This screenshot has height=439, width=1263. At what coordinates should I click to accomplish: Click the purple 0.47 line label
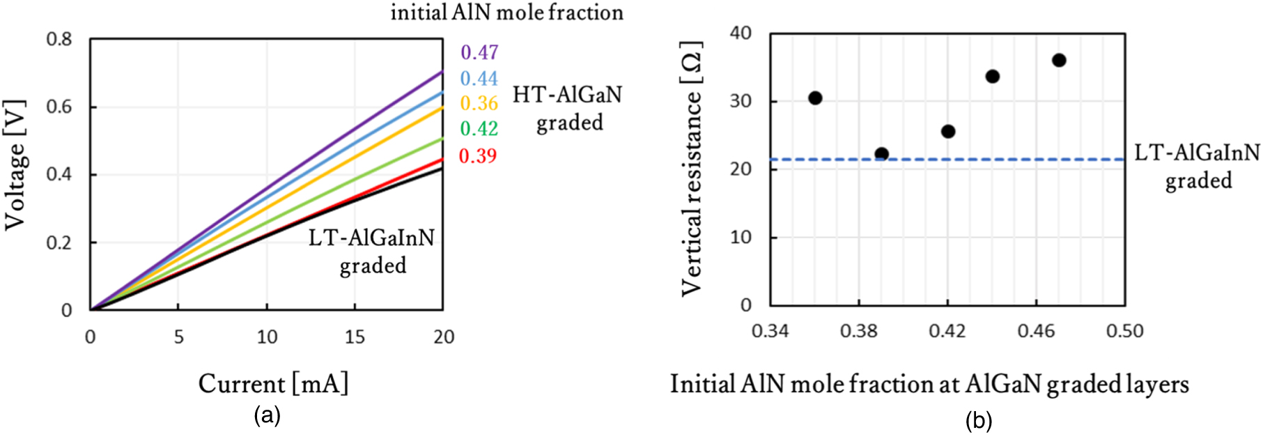pyautogui.click(x=479, y=52)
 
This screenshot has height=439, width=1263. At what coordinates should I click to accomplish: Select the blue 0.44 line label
pyautogui.click(x=479, y=78)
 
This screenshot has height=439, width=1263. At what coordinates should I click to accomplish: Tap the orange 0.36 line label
pyautogui.click(x=479, y=103)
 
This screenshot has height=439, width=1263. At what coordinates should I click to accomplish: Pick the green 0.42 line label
pyautogui.click(x=479, y=128)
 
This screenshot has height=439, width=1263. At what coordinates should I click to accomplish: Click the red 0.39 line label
pyautogui.click(x=478, y=155)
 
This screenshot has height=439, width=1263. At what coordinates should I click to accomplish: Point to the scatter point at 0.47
pyautogui.click(x=1059, y=61)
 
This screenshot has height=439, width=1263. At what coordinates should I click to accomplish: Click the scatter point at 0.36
pyautogui.click(x=815, y=98)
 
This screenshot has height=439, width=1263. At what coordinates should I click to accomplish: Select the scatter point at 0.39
pyautogui.click(x=881, y=154)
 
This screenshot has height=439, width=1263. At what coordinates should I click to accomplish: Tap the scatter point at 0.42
pyautogui.click(x=948, y=132)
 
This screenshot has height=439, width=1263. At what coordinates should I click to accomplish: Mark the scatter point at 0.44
pyautogui.click(x=993, y=77)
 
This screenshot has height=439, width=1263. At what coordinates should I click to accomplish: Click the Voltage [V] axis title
pyautogui.click(x=15, y=164)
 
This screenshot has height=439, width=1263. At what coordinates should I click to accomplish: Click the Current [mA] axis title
pyautogui.click(x=273, y=384)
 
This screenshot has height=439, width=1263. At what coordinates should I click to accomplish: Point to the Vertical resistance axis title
pyautogui.click(x=691, y=168)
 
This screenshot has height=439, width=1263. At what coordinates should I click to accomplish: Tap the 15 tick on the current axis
pyautogui.click(x=355, y=337)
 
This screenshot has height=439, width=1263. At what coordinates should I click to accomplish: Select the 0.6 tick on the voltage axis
pyautogui.click(x=59, y=107)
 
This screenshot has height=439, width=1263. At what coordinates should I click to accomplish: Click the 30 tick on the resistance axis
pyautogui.click(x=741, y=101)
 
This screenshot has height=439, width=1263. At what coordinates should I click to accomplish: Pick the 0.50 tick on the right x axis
pyautogui.click(x=1124, y=331)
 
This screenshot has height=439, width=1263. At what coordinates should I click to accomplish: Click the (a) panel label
pyautogui.click(x=268, y=416)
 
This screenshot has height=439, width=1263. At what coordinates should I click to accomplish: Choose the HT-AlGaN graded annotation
pyautogui.click(x=568, y=109)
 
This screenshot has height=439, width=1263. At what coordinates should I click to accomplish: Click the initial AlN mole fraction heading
pyautogui.click(x=506, y=13)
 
